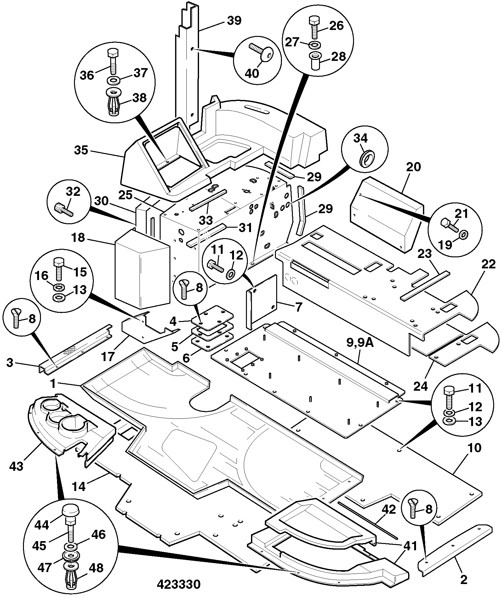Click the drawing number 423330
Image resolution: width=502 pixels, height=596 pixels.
coord(179,584)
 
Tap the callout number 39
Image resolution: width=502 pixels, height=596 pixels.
coord(234,21)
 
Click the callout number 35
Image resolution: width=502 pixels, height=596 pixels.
coord(81,150)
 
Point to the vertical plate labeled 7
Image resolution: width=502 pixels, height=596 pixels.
coord(261,302)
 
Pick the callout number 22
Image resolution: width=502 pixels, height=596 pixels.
coord(488,264)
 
